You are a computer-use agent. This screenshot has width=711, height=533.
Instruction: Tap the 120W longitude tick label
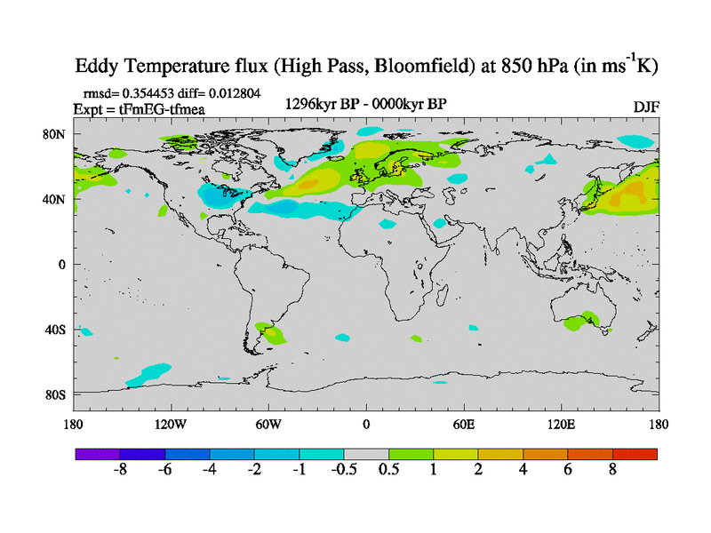pos(170,424)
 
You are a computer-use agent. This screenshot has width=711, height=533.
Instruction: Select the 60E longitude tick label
pos(464,424)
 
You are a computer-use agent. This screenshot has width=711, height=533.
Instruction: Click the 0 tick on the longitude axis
pos(366,424)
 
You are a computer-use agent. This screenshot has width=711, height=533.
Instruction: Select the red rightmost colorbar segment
pos(635,453)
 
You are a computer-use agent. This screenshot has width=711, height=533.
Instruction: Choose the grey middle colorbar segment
pos(366,453)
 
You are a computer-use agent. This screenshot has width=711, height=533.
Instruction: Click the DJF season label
pos(645,107)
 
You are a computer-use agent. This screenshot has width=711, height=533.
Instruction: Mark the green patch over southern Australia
pos(582,322)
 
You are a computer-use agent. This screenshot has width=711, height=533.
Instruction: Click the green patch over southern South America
pos(271,334)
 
